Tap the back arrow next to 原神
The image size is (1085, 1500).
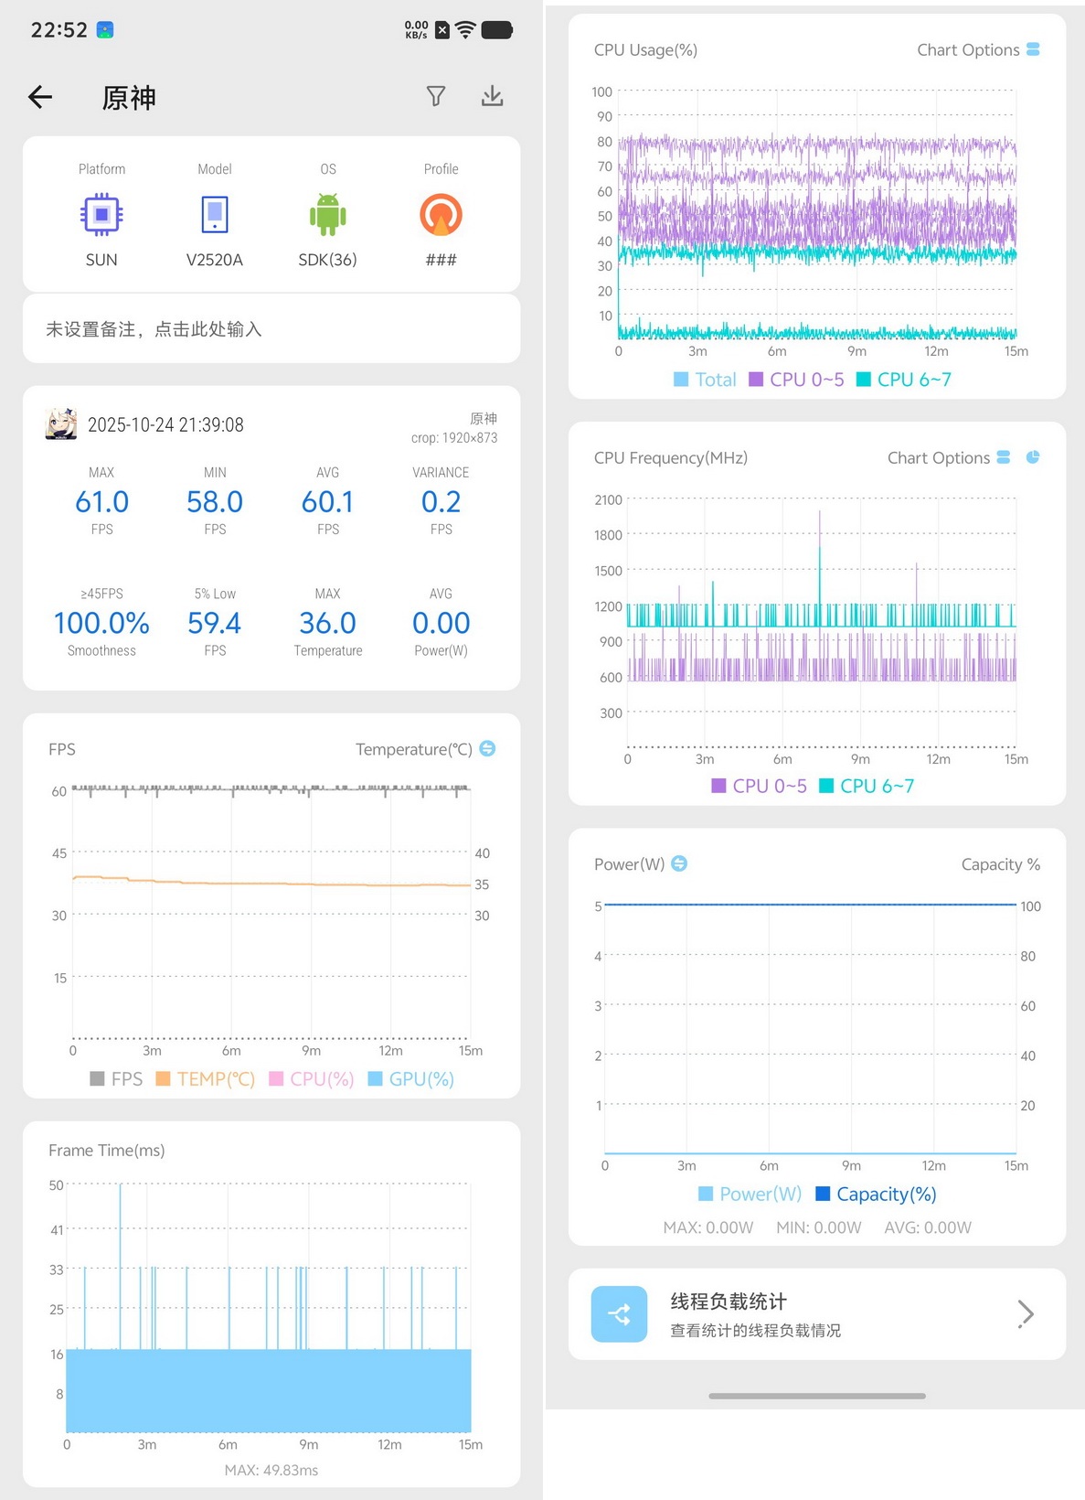coord(40,97)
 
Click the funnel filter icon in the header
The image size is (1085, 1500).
coord(436,96)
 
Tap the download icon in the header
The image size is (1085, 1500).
coord(492,96)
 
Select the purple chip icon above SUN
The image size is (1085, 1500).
coord(101,214)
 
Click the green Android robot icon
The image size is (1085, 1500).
coord(327,214)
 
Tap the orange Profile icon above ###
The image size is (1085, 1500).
coord(441,214)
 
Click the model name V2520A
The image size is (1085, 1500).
coord(214,260)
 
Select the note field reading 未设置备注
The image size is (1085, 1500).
coord(154,328)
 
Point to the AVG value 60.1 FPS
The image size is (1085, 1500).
coord(327,501)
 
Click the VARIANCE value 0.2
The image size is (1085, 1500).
coord(441,501)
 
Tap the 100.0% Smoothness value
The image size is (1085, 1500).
coord(101,623)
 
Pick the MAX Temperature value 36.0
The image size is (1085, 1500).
coord(327,623)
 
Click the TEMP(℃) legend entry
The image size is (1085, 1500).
coord(206,1078)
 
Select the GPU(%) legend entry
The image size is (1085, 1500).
coord(411,1078)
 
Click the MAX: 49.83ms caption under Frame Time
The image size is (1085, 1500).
coord(271,1470)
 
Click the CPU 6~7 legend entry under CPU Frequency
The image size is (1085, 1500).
coord(867,786)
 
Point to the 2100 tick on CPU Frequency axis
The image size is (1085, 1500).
coord(608,499)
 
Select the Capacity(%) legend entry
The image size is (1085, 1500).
coord(877,1194)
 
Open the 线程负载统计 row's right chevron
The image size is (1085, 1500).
coord(1025,1313)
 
